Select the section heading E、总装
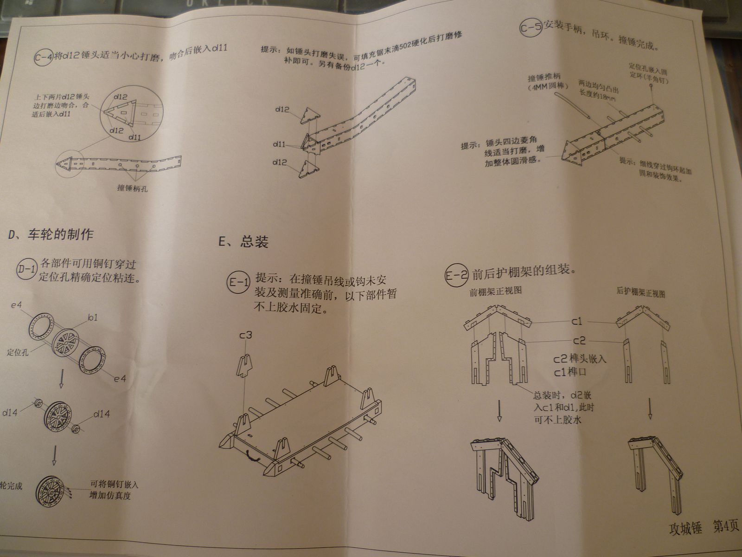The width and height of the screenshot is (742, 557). [x=243, y=242]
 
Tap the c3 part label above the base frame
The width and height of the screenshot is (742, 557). [x=245, y=335]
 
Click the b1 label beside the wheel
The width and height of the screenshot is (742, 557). [x=93, y=318]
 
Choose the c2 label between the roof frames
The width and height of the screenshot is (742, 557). [x=579, y=341]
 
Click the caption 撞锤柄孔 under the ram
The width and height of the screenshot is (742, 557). [x=133, y=189]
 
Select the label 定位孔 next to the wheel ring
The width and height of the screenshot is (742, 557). [x=18, y=352]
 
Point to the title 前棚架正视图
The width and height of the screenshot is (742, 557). [x=496, y=291]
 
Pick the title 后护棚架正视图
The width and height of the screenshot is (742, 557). [x=641, y=293]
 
